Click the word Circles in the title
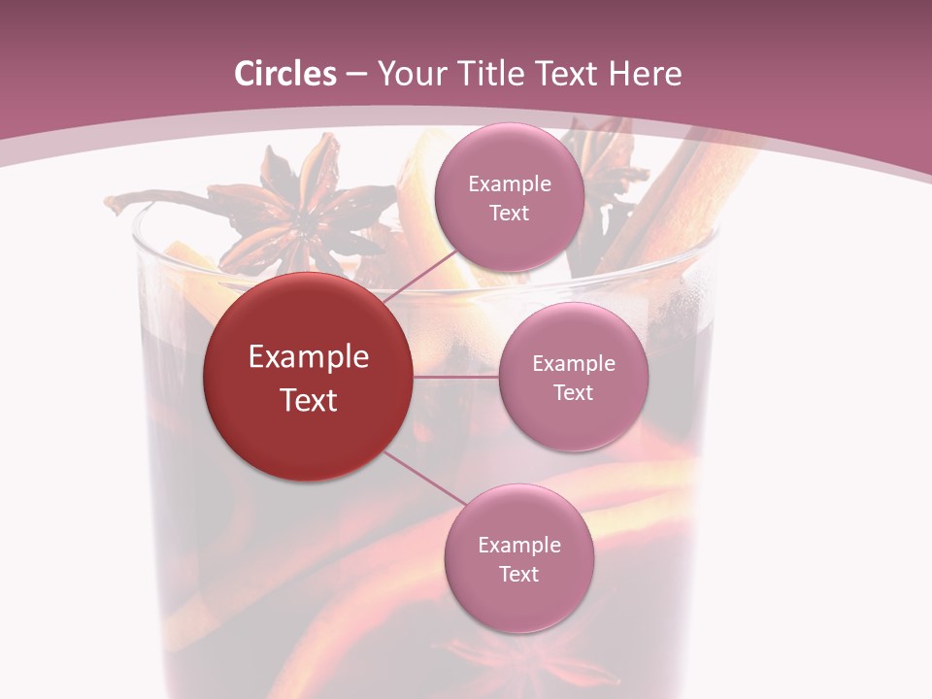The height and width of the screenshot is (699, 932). pos(284,74)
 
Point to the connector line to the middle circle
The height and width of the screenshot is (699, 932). pos(455,376)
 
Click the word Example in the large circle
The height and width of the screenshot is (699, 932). pos(308,357)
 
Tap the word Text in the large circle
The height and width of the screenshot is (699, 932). pos(308,400)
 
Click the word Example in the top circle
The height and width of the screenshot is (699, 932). pos(509,183)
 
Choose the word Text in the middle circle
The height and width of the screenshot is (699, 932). pos(573,393)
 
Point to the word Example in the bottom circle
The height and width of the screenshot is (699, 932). pos(518,545)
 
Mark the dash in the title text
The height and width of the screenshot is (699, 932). pos(356,75)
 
